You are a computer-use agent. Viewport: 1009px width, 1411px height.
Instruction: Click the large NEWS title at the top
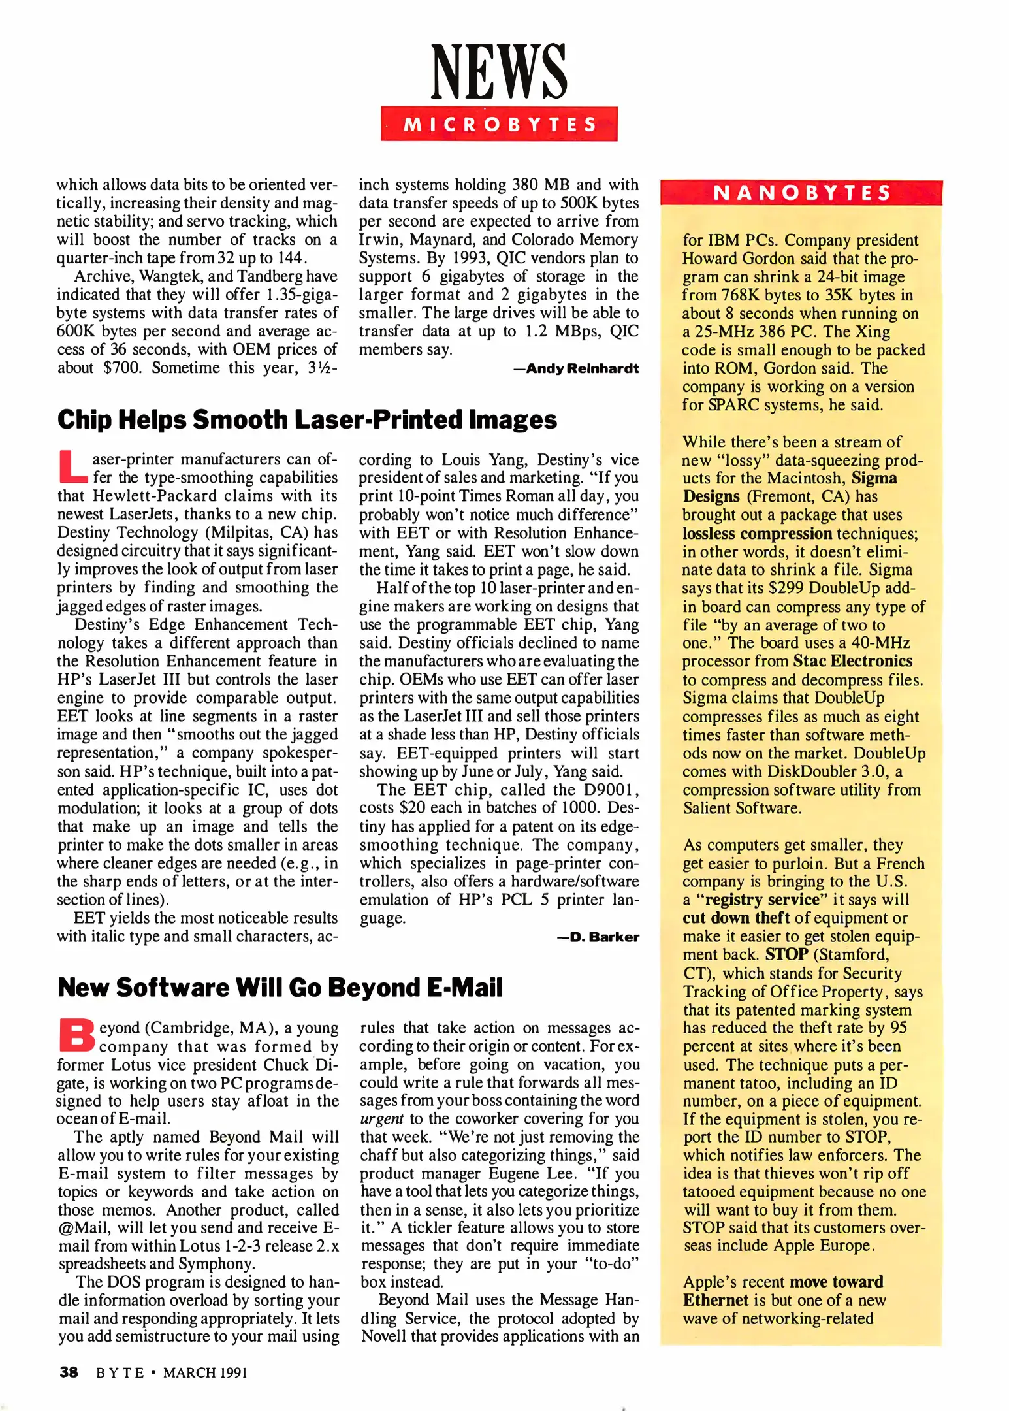pyautogui.click(x=499, y=72)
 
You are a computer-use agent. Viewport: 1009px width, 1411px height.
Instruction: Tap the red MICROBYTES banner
pyautogui.click(x=499, y=124)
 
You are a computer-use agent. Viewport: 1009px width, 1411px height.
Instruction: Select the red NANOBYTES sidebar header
pyautogui.click(x=801, y=193)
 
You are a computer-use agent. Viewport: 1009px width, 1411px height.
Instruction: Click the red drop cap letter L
pyautogui.click(x=72, y=466)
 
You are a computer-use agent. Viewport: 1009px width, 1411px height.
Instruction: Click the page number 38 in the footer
pyautogui.click(x=69, y=1372)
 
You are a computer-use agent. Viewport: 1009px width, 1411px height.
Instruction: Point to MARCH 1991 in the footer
pyautogui.click(x=205, y=1372)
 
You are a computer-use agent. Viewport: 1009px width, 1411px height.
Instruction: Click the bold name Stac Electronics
pyautogui.click(x=852, y=661)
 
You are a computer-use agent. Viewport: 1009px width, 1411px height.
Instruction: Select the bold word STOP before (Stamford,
pyautogui.click(x=786, y=954)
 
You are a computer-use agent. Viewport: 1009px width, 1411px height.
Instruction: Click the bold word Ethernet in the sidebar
pyautogui.click(x=715, y=1300)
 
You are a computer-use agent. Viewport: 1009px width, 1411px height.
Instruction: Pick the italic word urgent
pyautogui.click(x=381, y=1118)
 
